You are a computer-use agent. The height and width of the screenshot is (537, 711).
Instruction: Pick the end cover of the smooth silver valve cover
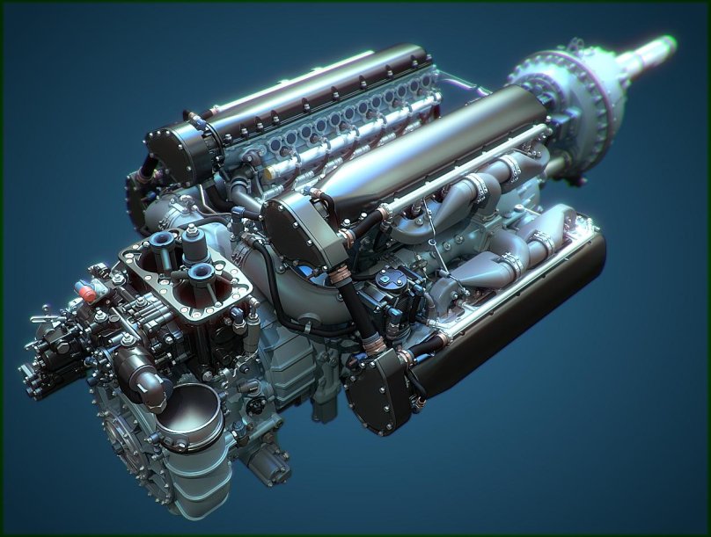[295, 229]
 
